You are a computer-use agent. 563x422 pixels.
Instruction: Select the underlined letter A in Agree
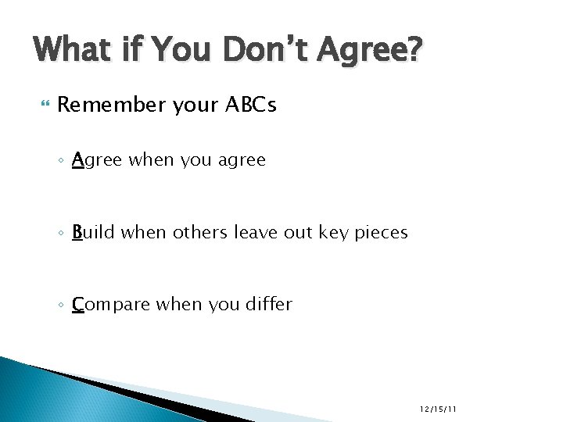click(x=77, y=160)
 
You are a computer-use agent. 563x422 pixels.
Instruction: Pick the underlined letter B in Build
click(x=77, y=232)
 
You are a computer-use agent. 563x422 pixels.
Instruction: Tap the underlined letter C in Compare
click(x=78, y=304)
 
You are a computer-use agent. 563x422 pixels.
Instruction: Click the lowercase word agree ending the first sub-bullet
click(x=242, y=161)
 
